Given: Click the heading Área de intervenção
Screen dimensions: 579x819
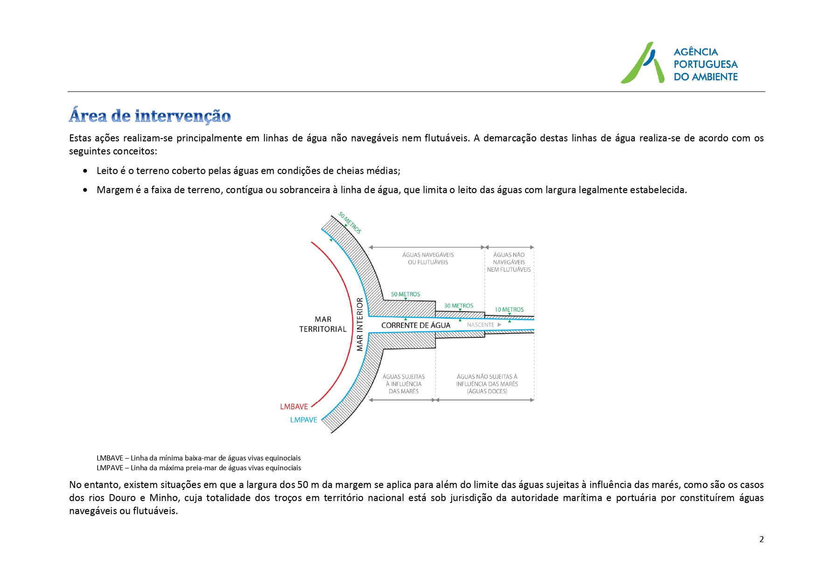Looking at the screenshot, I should pos(150,116).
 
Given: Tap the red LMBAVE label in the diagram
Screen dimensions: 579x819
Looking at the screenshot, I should pos(294,407).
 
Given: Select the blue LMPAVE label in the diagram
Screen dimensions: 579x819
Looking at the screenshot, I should pos(303,420).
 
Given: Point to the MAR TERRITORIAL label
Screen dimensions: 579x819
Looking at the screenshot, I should pos(323,324).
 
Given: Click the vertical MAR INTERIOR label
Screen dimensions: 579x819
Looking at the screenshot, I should pos(360,324).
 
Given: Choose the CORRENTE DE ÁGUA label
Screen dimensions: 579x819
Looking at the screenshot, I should pos(415,325).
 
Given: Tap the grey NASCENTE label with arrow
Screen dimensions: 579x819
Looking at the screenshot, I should pos(483,325).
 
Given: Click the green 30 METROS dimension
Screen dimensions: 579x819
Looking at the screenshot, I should pos(458,306).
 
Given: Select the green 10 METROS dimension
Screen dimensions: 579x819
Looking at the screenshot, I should pos(509,310).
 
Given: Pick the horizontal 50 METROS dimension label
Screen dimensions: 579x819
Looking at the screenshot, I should pos(406,294).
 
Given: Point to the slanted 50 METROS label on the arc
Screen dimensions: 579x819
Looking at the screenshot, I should pos(350,223).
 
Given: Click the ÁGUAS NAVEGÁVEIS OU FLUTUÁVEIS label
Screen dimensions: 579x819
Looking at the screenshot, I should pos(428,258).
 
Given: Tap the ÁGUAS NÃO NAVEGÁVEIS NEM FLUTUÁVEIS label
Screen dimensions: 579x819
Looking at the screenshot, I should pos(509,262).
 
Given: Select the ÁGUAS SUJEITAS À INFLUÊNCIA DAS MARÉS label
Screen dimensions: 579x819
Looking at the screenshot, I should pos(404,384).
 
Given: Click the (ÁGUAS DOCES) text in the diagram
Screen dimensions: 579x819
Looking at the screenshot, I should pos(487,391).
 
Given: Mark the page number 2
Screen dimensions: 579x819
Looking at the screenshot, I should pos(762,539).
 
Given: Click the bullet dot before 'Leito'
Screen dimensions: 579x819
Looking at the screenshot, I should pos(85,171).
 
